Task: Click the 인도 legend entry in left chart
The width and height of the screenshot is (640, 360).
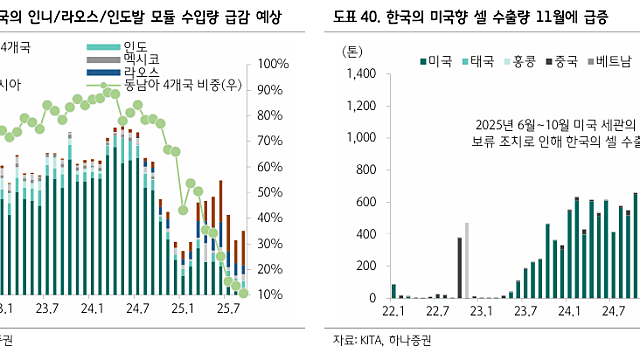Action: (135, 47)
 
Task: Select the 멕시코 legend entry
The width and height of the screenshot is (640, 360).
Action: (141, 60)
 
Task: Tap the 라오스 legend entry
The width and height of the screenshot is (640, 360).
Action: (141, 73)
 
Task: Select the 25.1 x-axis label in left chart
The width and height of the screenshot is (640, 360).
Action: (182, 313)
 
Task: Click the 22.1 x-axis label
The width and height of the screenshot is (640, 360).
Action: (392, 313)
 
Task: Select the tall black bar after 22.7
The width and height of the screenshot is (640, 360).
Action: (459, 267)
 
